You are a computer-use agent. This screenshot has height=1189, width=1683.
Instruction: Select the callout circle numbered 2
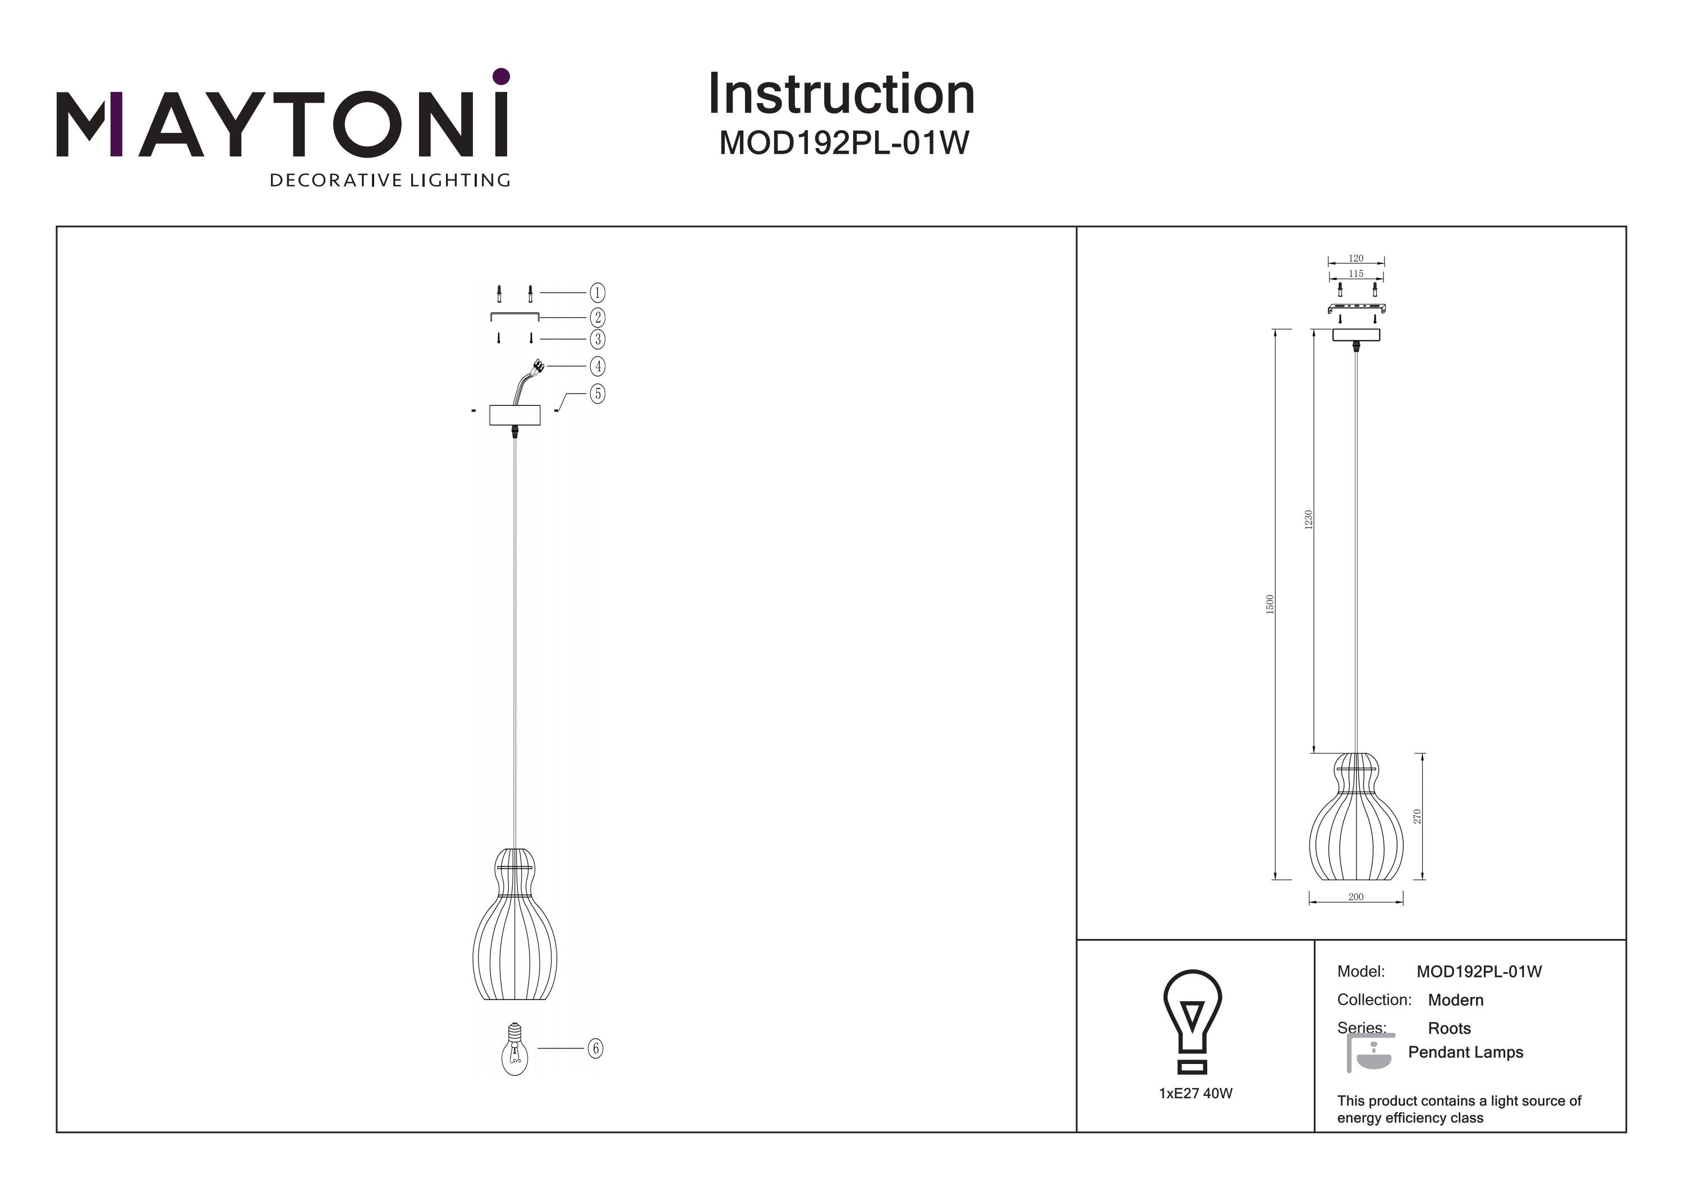pyautogui.click(x=597, y=317)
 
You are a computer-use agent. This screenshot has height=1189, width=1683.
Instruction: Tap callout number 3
pyautogui.click(x=597, y=339)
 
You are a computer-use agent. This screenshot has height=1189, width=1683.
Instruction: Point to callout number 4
pyautogui.click(x=597, y=366)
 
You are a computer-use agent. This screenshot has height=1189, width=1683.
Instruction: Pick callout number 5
pyautogui.click(x=597, y=394)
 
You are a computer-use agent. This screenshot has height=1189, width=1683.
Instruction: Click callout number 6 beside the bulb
pyautogui.click(x=595, y=1048)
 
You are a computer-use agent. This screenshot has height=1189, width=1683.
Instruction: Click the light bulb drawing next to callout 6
pyautogui.click(x=514, y=1048)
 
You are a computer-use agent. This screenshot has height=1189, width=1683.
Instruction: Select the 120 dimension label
pyautogui.click(x=1356, y=258)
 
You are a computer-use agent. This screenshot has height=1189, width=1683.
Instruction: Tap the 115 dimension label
pyautogui.click(x=1356, y=273)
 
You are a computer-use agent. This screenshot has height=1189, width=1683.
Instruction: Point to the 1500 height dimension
pyautogui.click(x=1270, y=604)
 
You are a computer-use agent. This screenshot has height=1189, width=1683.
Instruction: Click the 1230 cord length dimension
pyautogui.click(x=1308, y=520)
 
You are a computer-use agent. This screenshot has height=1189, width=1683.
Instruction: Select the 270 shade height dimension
pyautogui.click(x=1417, y=816)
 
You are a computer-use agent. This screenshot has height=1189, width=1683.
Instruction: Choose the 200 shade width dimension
pyautogui.click(x=1356, y=897)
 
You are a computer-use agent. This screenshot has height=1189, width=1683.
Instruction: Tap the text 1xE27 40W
pyautogui.click(x=1195, y=1093)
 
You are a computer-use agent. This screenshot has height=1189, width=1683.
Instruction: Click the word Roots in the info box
pyautogui.click(x=1449, y=1029)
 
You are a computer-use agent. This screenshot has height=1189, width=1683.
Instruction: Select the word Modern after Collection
pyautogui.click(x=1456, y=1000)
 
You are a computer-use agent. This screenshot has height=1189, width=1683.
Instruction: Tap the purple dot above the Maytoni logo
pyautogui.click(x=502, y=76)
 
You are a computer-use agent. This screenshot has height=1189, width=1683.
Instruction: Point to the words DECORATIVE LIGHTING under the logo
pyautogui.click(x=390, y=180)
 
